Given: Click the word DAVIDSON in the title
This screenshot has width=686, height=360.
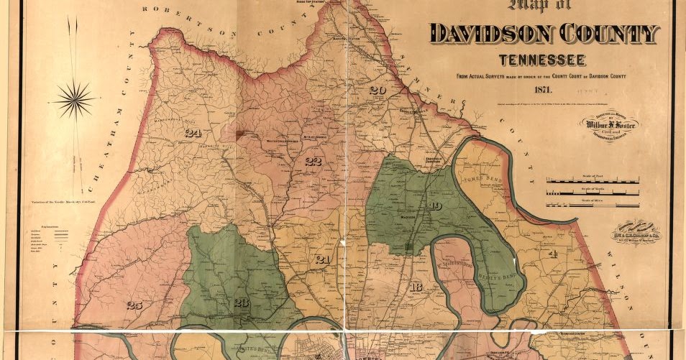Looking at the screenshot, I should (489, 34).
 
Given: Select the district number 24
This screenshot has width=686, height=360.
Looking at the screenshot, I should (193, 132).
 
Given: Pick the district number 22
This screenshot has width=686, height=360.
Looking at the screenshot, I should (313, 161).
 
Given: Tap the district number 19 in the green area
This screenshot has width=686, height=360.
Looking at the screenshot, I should (434, 207).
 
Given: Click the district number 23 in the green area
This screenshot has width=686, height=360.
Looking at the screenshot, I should (241, 303).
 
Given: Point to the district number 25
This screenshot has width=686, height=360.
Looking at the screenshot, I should (134, 305).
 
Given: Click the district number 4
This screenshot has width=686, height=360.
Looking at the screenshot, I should (553, 254).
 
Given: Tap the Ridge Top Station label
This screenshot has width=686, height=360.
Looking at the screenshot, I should (347, 3).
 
